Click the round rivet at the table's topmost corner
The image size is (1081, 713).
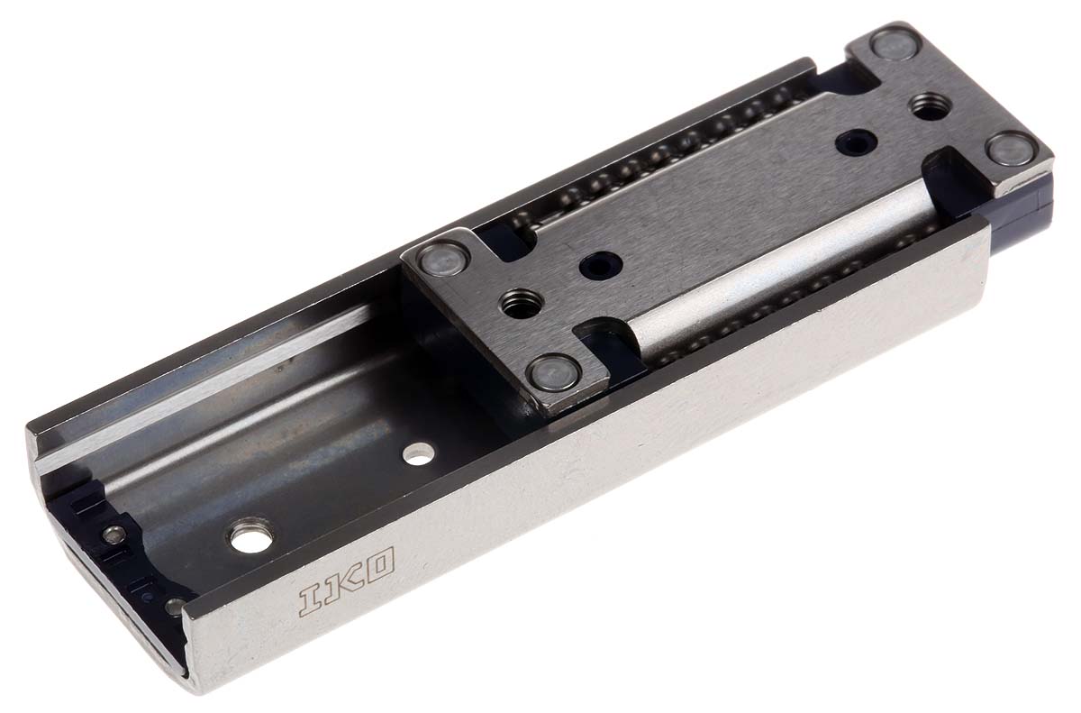point(895,42)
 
